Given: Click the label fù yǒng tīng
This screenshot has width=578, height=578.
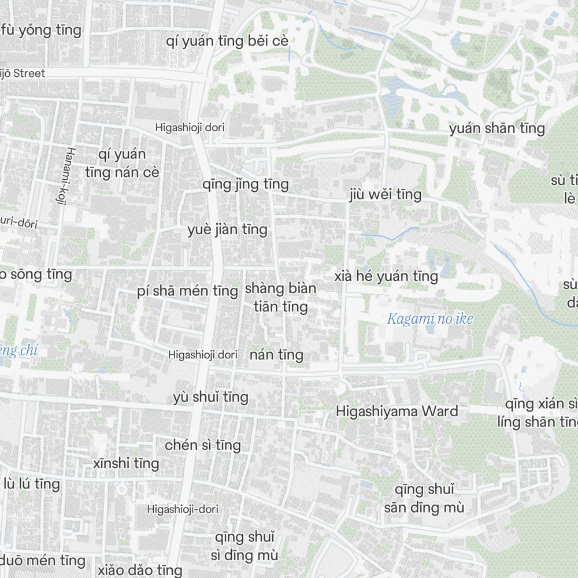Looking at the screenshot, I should [x=42, y=30].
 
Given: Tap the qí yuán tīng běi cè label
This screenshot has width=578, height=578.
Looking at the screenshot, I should [x=227, y=42].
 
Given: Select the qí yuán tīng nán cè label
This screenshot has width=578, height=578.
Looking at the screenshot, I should [x=122, y=164].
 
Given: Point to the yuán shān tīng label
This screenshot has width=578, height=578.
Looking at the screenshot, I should [x=497, y=128].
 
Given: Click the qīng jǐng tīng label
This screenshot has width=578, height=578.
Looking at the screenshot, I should [x=246, y=185].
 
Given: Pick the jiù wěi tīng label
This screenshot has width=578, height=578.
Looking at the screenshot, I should [x=386, y=195].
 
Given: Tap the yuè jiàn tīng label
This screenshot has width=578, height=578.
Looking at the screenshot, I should [x=227, y=230].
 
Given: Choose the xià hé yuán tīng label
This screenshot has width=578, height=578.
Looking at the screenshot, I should [x=386, y=276].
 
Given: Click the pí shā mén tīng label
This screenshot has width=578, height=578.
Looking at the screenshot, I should [x=188, y=291].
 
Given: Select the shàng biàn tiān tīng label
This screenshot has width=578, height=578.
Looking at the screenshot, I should [x=281, y=297].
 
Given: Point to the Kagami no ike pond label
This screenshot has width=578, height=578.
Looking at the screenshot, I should [x=430, y=318].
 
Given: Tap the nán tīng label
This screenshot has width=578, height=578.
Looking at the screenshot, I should [x=276, y=355].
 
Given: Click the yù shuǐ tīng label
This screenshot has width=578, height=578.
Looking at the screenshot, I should [x=211, y=397].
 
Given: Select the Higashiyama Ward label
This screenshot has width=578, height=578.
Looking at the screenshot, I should [x=397, y=412].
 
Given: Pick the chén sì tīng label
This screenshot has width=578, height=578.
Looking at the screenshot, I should [x=203, y=446].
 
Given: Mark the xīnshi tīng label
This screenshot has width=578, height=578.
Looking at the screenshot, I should [x=126, y=464].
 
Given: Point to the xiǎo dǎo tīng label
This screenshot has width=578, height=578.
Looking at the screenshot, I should [x=132, y=570].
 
